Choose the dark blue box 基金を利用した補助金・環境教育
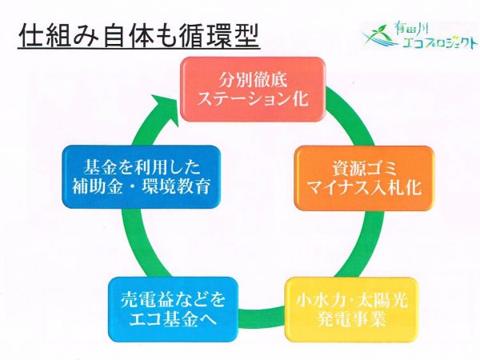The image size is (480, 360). (x=141, y=178)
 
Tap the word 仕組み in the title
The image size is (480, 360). (x=56, y=37)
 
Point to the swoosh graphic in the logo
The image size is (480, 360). (x=376, y=36)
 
